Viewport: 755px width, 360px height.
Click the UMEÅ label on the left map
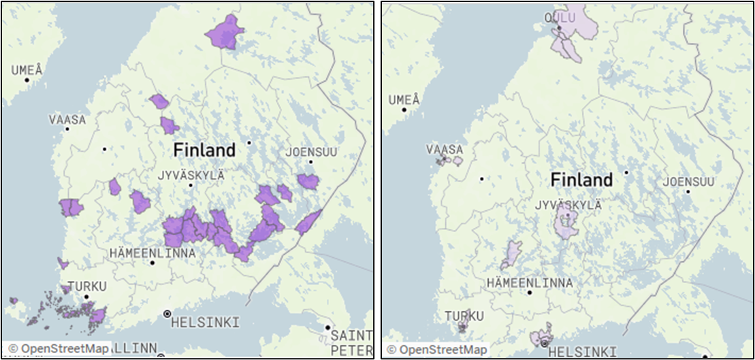coord(27,69)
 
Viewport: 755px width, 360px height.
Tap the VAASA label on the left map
coord(67,119)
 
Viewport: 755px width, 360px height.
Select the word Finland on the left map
coord(204,150)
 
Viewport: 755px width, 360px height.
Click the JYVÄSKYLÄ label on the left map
coord(191,175)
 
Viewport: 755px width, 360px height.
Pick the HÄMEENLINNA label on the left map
coord(152,253)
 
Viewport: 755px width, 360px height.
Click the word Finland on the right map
coord(581,180)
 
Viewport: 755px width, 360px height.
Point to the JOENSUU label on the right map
coord(688,182)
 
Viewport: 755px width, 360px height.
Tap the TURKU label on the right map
coord(464,316)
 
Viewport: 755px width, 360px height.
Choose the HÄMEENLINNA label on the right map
coord(530,282)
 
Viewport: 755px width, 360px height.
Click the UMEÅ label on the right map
coord(404,99)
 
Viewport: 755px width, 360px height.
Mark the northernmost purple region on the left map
coord(225,32)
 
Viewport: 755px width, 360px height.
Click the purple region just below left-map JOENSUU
coord(308,182)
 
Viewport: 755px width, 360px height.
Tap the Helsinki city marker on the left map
coord(167,314)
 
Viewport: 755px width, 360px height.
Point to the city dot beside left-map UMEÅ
coord(27,80)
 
